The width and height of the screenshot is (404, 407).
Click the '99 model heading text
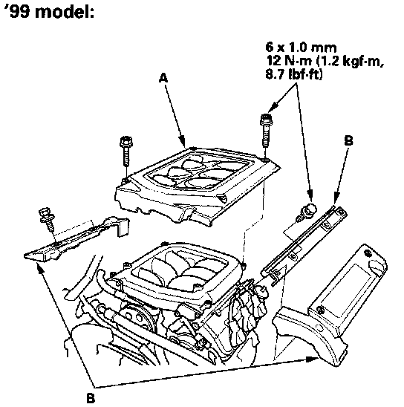49,12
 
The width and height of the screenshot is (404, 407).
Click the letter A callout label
163,78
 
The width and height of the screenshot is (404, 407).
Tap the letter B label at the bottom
90,398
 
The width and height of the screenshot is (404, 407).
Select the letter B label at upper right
348,140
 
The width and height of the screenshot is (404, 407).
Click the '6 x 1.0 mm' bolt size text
301,48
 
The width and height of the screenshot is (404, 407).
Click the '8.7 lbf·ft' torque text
294,74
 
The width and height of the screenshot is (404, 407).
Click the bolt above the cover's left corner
126,151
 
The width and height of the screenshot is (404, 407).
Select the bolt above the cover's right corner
266,130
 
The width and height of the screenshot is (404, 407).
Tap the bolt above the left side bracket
47,218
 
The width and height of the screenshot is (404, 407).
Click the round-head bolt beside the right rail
309,209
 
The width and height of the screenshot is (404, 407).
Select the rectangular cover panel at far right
348,290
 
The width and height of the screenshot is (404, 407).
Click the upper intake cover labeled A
197,183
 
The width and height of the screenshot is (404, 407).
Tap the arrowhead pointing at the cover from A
183,143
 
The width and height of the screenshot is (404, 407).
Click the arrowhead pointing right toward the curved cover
312,359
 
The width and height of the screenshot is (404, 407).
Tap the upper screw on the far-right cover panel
368,253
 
